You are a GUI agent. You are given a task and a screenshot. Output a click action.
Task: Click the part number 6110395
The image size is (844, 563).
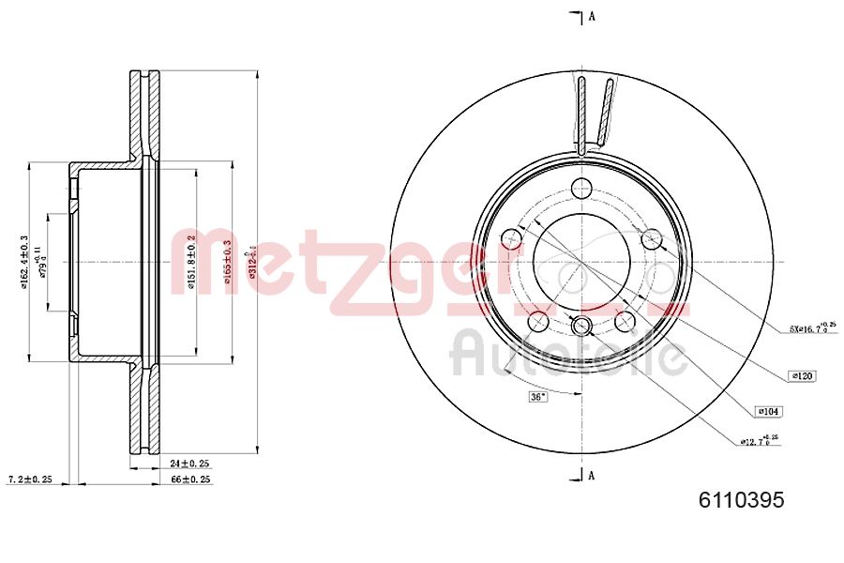(x=740, y=501)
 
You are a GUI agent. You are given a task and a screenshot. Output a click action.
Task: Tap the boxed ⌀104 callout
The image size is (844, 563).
(x=768, y=411)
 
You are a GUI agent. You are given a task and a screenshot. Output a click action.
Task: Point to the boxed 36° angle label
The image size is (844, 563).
(x=536, y=397)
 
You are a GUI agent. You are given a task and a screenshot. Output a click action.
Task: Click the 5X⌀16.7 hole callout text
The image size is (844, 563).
(x=811, y=328)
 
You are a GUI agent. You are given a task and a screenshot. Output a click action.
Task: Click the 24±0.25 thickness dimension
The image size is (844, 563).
(x=190, y=464)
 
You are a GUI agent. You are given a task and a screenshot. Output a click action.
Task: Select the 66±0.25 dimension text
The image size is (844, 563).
(x=190, y=479)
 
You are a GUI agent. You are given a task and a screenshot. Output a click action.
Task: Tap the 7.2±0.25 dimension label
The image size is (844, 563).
(x=28, y=479)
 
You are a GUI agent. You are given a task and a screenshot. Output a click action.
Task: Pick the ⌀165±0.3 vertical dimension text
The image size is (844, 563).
(x=226, y=262)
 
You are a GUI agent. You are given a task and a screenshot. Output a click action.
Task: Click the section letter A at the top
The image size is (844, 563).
(x=592, y=16)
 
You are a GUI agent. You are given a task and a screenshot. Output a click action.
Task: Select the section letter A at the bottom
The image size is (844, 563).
(x=592, y=475)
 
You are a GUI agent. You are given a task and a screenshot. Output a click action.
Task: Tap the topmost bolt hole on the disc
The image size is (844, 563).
(x=581, y=186)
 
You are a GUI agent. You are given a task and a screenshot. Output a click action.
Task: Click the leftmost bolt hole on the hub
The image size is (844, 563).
(x=512, y=238)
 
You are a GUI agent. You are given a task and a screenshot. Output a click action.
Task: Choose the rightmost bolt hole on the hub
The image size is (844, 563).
(x=651, y=238)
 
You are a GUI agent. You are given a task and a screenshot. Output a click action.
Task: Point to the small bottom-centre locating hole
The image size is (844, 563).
(x=581, y=326)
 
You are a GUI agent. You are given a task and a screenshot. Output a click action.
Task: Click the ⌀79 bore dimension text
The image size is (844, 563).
(x=40, y=262)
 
